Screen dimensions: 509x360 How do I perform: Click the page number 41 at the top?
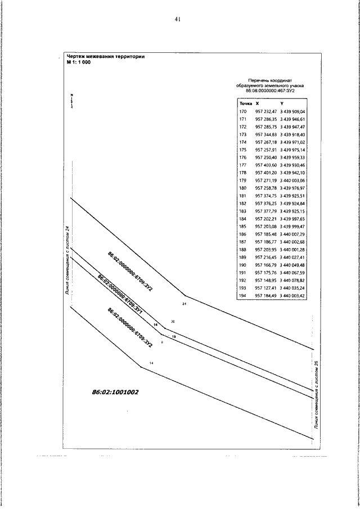[177, 19]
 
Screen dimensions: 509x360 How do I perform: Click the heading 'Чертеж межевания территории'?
[105, 57]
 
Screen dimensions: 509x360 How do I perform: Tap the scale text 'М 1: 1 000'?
[78, 62]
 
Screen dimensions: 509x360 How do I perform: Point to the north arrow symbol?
[72, 101]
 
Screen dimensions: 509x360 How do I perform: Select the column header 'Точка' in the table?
[246, 104]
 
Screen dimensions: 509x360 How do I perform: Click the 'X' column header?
[257, 104]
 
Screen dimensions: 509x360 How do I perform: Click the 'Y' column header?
[282, 104]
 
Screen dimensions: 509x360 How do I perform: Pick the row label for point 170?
[244, 112]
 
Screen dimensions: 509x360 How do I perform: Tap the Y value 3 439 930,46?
[292, 165]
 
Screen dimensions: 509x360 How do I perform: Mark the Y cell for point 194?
[292, 295]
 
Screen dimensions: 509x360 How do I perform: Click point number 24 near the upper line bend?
[184, 303]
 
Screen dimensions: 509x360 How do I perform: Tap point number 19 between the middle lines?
[174, 336]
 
